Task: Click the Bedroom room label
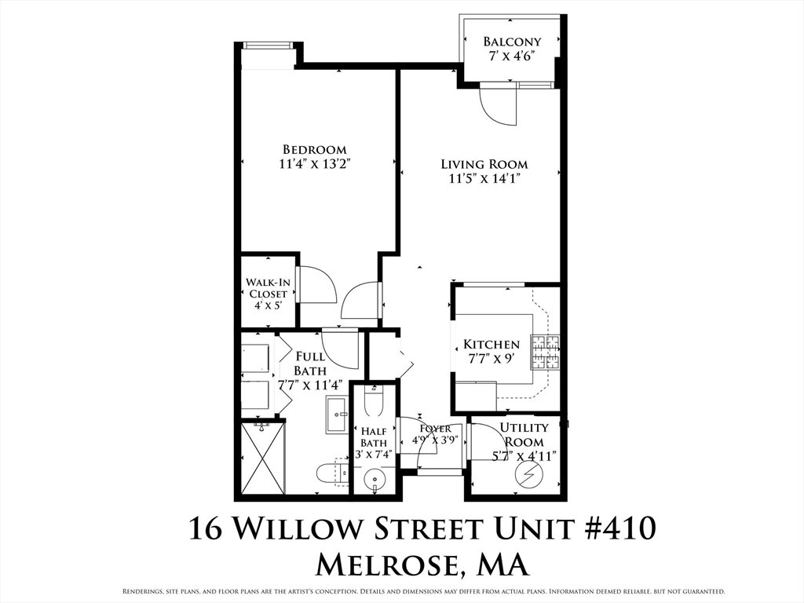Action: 315,150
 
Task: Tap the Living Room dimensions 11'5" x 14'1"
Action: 484,179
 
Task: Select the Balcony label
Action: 512,41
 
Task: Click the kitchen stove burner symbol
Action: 545,352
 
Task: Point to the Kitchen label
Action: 492,345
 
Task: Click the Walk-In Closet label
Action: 268,288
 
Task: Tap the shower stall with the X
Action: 262,457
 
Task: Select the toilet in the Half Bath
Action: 373,400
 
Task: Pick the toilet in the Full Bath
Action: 332,473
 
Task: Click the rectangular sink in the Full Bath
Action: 337,415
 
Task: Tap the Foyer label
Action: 435,429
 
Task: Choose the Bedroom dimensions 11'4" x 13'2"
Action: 315,164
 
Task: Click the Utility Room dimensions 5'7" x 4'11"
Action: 524,456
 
